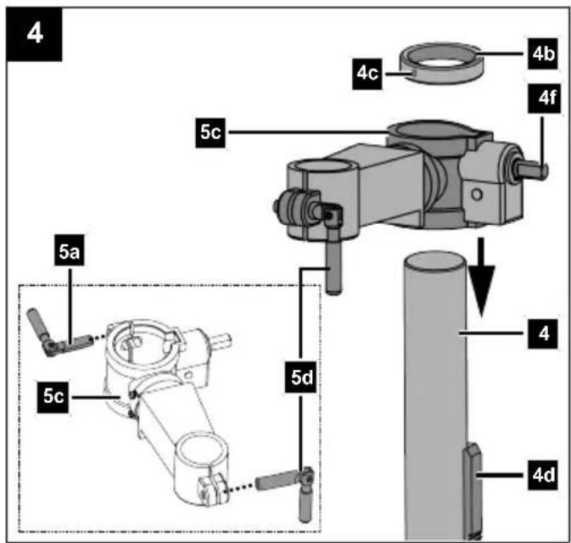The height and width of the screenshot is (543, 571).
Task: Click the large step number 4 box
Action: (34, 34)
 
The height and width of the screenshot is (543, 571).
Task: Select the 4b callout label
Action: (543, 53)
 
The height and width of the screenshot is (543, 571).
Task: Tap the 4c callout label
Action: (367, 74)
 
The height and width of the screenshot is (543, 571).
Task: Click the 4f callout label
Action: (544, 98)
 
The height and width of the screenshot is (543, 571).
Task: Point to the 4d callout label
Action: (543, 474)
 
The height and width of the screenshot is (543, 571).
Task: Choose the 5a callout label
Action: (70, 251)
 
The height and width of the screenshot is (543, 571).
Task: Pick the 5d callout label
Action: (301, 378)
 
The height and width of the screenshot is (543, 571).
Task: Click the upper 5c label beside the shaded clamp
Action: (210, 132)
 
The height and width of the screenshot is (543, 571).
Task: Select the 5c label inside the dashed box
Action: (53, 396)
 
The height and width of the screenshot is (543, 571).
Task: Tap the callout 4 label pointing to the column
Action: (543, 333)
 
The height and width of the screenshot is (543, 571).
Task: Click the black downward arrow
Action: (481, 277)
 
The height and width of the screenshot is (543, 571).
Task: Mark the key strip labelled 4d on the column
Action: (473, 491)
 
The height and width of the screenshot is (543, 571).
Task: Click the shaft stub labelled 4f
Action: (532, 171)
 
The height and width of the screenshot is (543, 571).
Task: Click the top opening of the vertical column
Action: (434, 260)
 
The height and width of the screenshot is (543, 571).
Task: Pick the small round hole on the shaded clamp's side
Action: (477, 195)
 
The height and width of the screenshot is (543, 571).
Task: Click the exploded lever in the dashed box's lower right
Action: (288, 490)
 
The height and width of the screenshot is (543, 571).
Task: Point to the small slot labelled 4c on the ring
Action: (414, 74)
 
